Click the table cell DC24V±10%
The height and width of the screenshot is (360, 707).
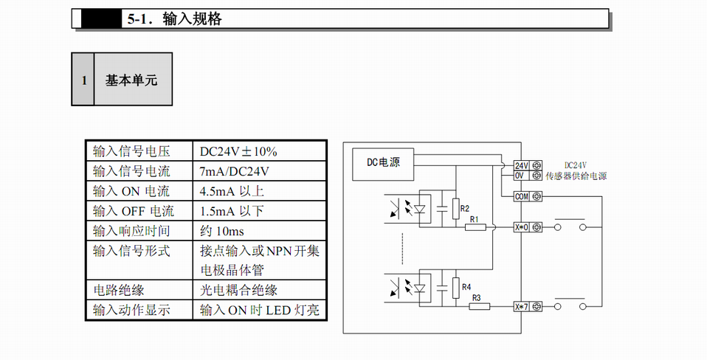coord(238,151)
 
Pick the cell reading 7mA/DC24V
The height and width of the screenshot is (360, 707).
coord(235,171)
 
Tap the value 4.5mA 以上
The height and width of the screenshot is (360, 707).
coord(232,191)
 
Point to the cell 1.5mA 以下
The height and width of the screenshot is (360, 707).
coord(232,211)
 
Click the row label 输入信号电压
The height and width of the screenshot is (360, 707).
coord(131,151)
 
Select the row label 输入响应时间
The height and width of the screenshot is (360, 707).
coord(131,231)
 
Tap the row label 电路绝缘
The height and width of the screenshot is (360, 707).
coord(118,290)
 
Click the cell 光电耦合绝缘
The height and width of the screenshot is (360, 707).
coord(238,290)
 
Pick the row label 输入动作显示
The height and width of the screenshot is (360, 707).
coord(131,310)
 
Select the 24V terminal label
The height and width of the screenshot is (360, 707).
coord(521,166)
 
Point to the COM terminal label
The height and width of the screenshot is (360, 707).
coord(522,196)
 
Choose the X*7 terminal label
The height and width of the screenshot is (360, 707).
coord(522,305)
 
